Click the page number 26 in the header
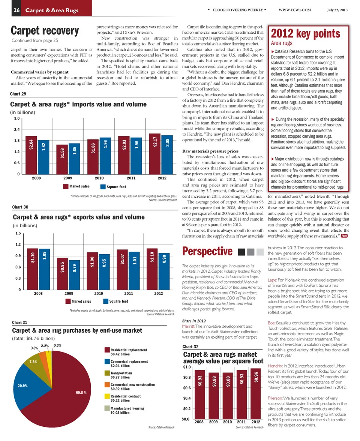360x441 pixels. (x=16, y=10)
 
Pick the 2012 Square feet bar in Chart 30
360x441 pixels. (x=164, y=271)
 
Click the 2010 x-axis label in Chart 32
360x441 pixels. (x=227, y=422)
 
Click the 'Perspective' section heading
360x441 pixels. (x=207, y=251)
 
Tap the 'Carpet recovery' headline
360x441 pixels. (x=45, y=30)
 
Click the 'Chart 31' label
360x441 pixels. (x=20, y=322)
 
